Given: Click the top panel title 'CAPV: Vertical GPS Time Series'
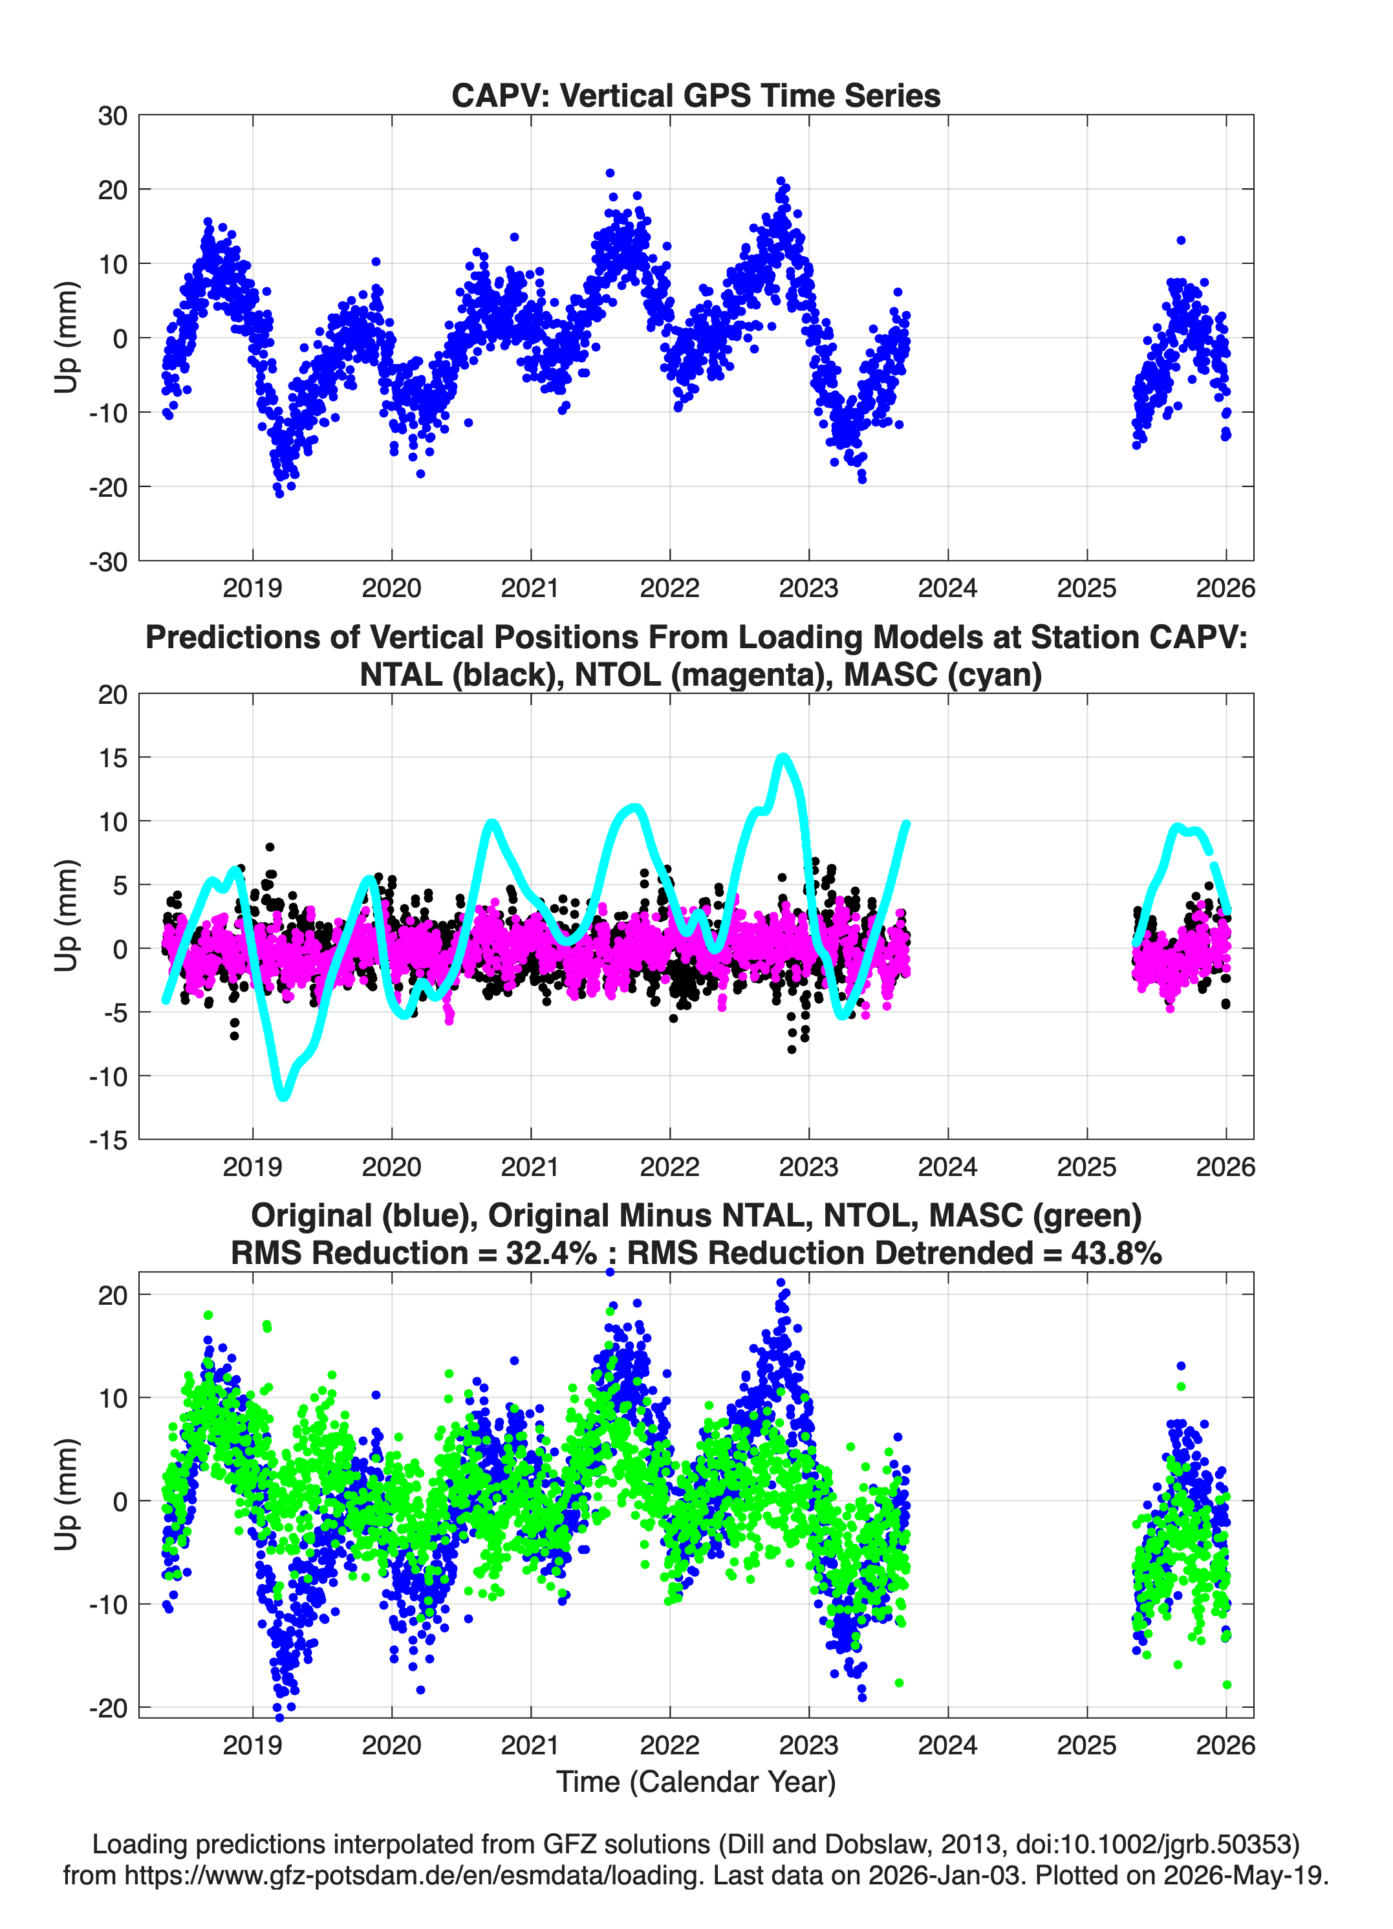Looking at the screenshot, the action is point(696,95).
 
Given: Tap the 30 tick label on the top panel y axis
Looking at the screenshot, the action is point(113,116).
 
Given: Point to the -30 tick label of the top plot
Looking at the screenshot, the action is point(108,561).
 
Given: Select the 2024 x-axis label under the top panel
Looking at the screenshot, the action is point(947,588).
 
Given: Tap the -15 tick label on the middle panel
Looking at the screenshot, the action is point(108,1140).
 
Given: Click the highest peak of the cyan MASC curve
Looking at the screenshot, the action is point(783,757).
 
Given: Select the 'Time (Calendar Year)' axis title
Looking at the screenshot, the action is point(696,1782).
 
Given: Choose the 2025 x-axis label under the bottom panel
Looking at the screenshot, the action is point(1087,1745).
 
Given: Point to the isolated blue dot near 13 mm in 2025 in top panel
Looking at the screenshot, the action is point(1180,241).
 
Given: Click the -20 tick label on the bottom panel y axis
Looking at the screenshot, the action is point(108,1708).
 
